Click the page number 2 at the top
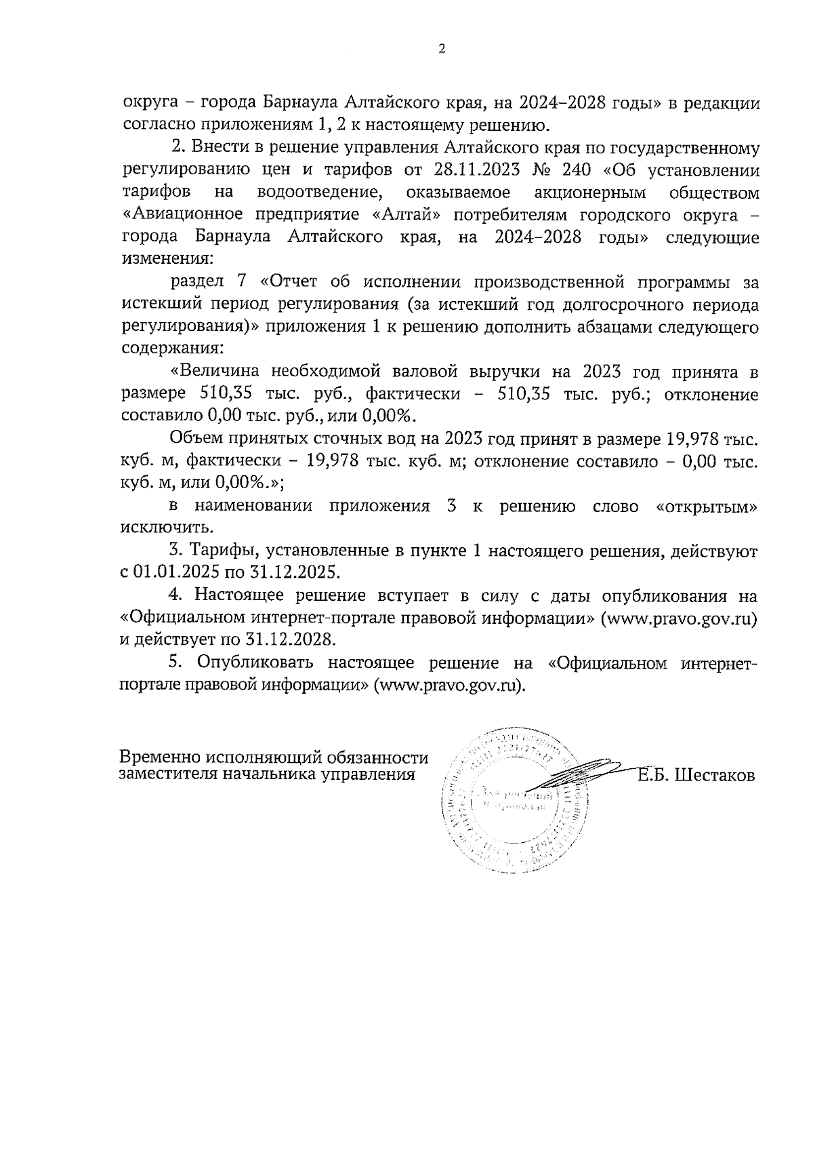(442, 49)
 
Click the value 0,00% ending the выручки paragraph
(389, 416)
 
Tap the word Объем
(194, 439)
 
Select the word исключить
(154, 528)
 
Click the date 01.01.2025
(172, 572)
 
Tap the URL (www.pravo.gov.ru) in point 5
(450, 685)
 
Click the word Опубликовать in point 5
(256, 662)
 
